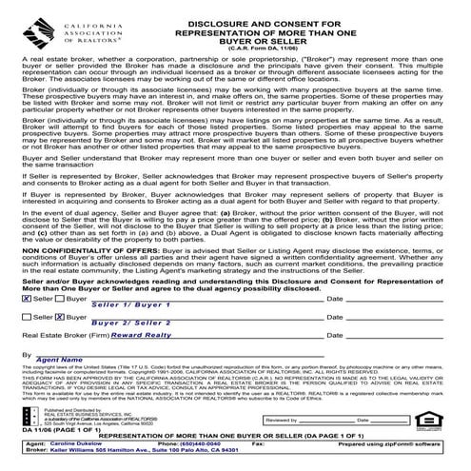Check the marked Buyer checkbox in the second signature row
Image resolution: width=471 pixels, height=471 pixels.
(x=62, y=316)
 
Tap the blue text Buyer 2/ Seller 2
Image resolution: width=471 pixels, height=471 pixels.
(x=134, y=323)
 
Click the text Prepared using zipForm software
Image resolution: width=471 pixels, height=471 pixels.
(x=400, y=443)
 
